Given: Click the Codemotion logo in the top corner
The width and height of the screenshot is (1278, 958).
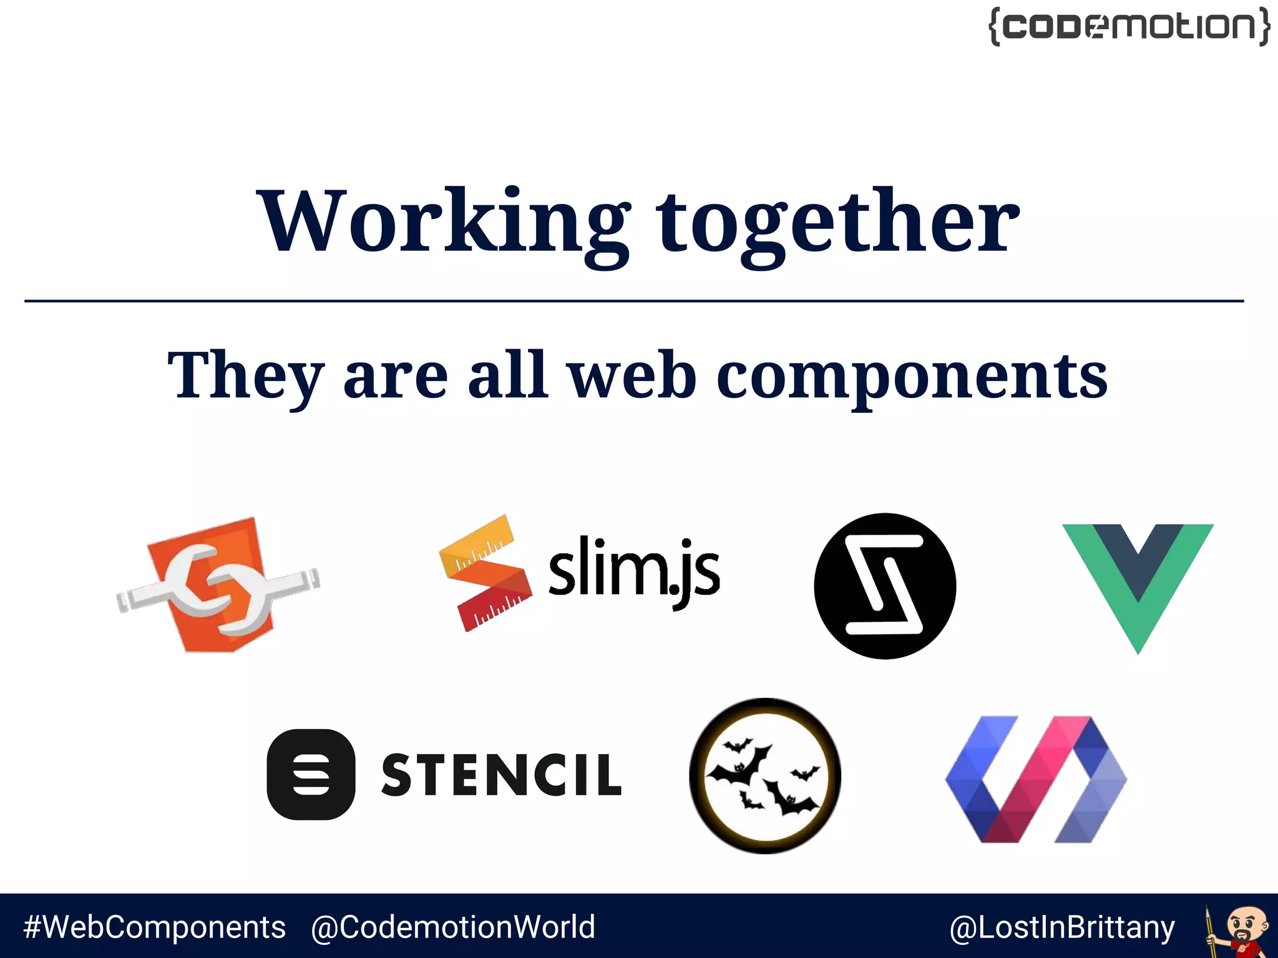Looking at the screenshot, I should (x=1129, y=27).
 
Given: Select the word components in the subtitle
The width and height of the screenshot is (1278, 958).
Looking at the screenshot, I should (x=912, y=376).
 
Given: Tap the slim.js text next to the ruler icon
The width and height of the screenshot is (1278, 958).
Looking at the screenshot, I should (x=634, y=571).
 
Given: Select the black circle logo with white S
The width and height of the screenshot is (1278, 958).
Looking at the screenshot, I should (x=885, y=586).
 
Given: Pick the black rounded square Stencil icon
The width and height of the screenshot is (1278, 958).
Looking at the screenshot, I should (x=311, y=774).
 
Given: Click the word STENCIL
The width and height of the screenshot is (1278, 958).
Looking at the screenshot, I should (x=501, y=775).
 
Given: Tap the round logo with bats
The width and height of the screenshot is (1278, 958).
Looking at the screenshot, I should (x=765, y=776).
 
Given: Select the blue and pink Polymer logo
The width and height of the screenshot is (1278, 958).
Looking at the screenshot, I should (x=1036, y=779).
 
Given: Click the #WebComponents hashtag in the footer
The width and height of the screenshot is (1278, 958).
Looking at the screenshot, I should (x=155, y=927).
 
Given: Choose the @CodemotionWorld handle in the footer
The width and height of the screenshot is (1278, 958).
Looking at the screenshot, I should (x=453, y=927).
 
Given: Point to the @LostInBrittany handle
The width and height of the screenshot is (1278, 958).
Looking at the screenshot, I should (x=1062, y=927).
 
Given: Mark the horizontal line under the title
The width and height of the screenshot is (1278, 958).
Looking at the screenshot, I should (x=634, y=301).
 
